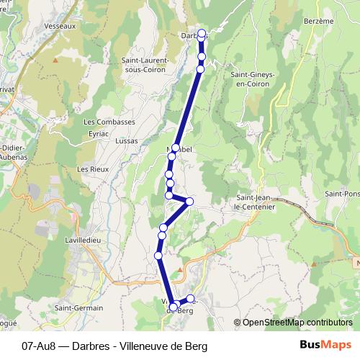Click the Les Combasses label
[109, 122]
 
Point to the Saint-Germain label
[80, 307]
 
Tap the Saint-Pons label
[343, 194]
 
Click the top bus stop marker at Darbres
[202, 33]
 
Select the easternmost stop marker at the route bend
[190, 201]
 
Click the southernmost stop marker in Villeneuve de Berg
[174, 307]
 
